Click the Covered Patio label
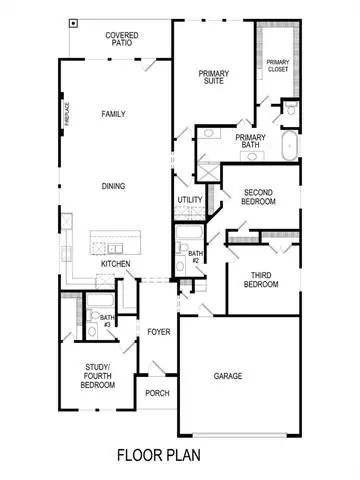coord(122,39)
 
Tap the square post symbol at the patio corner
coord(73,23)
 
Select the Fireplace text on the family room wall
coord(68,114)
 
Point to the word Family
coord(113,114)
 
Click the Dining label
coord(113,186)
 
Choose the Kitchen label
coord(115,264)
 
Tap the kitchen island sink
coord(115,248)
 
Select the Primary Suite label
coord(214,77)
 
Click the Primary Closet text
coord(278,66)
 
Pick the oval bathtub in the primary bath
coord(290,146)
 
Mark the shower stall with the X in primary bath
coord(208,172)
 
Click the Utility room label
coord(190,200)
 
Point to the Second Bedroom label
coord(258,197)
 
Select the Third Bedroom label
coord(261,280)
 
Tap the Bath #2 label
coord(195,257)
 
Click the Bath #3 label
coord(107,321)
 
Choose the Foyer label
coord(159,332)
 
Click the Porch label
coord(157,393)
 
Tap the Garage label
coord(228,376)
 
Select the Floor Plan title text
coord(159,455)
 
